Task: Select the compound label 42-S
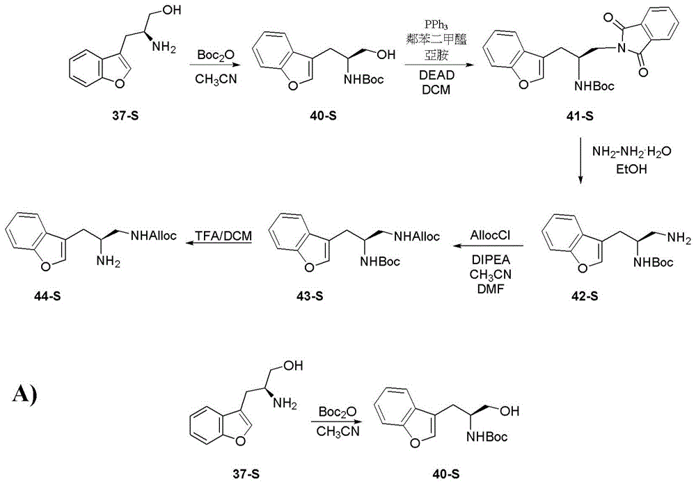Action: pyautogui.click(x=584, y=296)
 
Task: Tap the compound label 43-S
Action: pyautogui.click(x=310, y=296)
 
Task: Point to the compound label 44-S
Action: pyautogui.click(x=47, y=296)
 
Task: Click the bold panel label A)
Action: pyautogui.click(x=25, y=394)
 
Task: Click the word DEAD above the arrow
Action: pyautogui.click(x=437, y=75)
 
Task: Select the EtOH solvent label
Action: pyautogui.click(x=632, y=169)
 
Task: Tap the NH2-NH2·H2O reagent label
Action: pyautogui.click(x=632, y=152)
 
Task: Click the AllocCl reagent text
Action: pyautogui.click(x=491, y=235)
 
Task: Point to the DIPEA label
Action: pyautogui.click(x=491, y=260)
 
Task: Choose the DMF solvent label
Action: pyautogui.click(x=491, y=289)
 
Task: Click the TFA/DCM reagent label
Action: pyautogui.click(x=223, y=236)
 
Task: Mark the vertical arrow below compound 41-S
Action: pyautogui.click(x=580, y=161)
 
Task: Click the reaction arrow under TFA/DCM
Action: pyautogui.click(x=218, y=243)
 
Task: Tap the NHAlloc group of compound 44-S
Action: pyautogui.click(x=153, y=235)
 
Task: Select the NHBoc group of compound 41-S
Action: pyautogui.click(x=594, y=86)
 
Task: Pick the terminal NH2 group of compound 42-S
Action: pyautogui.click(x=678, y=239)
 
